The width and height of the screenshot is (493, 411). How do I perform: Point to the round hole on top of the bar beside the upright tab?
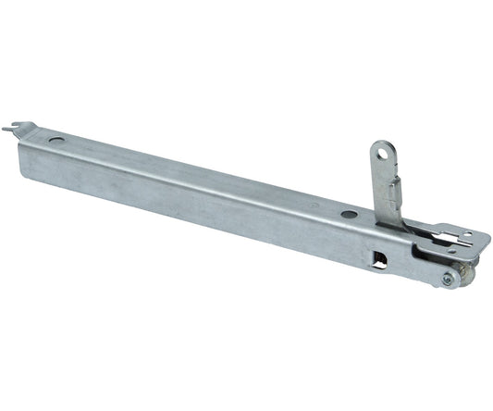[348, 215]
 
